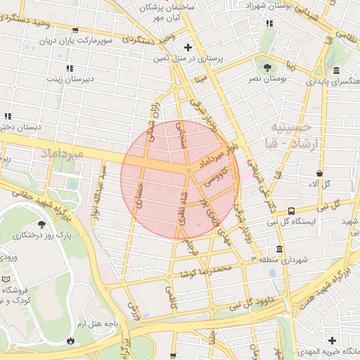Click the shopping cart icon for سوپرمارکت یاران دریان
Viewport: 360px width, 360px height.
pyautogui.click(x=75, y=30)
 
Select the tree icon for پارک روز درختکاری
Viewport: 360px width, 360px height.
pyautogui.click(x=42, y=224)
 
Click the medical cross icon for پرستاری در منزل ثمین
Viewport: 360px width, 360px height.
pyautogui.click(x=186, y=47)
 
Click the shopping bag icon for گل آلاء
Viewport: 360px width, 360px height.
pyautogui.click(x=320, y=173)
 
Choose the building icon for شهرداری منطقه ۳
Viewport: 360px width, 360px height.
pyautogui.click(x=279, y=249)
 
